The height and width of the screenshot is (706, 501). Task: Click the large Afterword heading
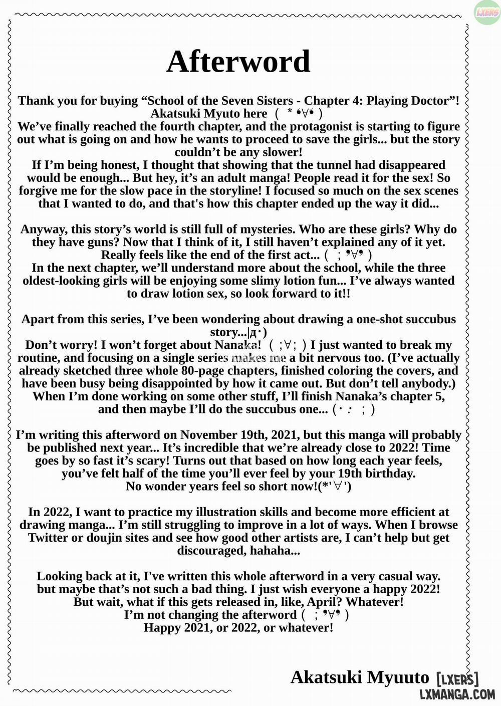point(238,62)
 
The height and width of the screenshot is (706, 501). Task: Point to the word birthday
point(385,474)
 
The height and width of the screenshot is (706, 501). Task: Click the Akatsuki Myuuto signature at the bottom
point(360,677)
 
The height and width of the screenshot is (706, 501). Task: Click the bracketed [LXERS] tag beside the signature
point(457,679)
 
